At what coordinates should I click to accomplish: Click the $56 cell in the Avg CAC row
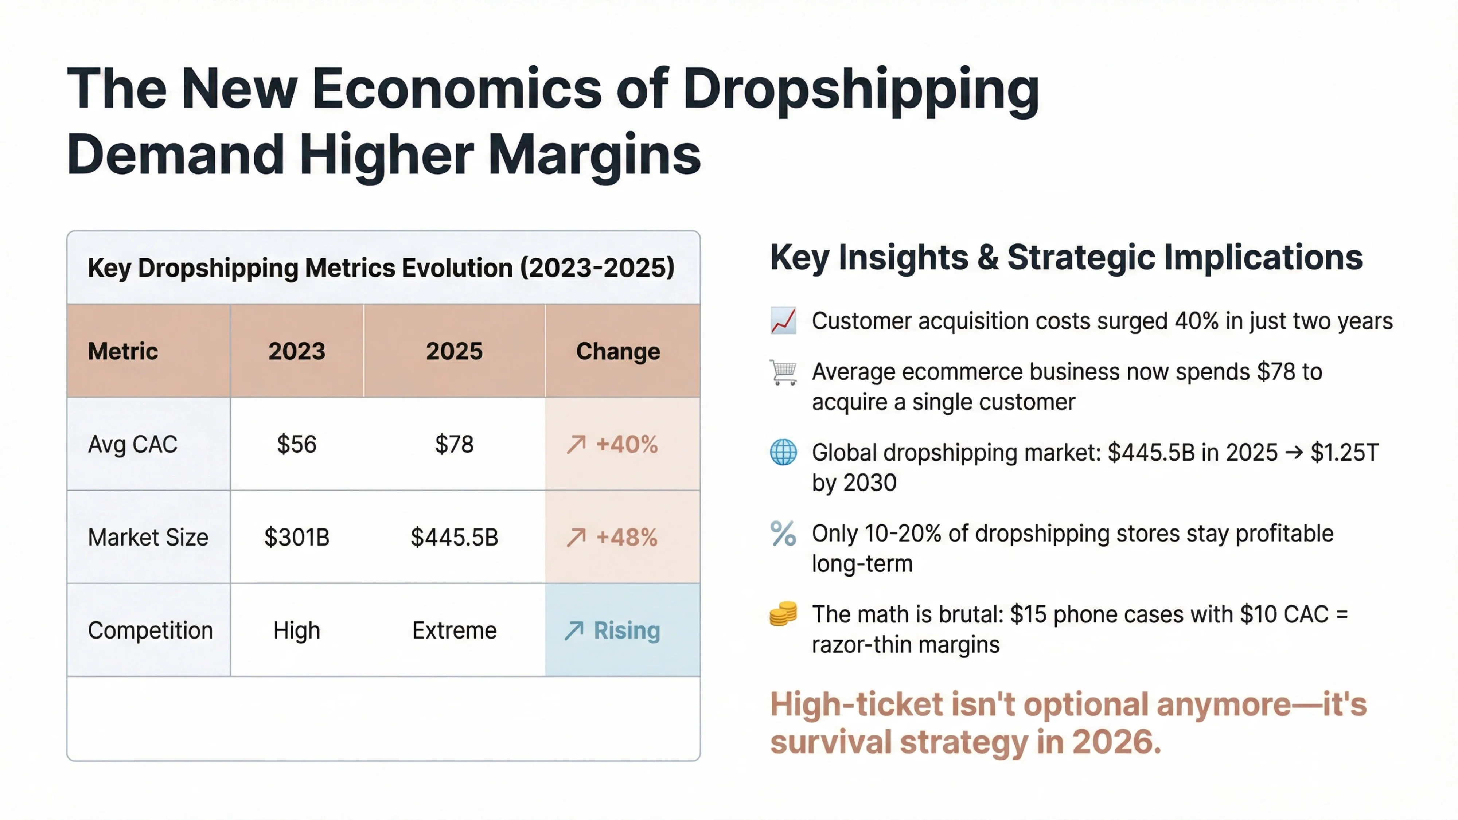[297, 444]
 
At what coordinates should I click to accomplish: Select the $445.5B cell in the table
[454, 537]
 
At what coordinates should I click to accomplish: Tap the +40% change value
[626, 444]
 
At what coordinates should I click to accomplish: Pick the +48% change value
[626, 537]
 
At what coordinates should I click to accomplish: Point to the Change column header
[617, 351]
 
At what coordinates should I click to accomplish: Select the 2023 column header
[297, 351]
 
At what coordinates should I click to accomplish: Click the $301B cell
[297, 537]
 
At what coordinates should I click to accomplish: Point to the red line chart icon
[783, 321]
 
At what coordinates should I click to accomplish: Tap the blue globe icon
[783, 453]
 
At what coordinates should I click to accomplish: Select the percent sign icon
[783, 534]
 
